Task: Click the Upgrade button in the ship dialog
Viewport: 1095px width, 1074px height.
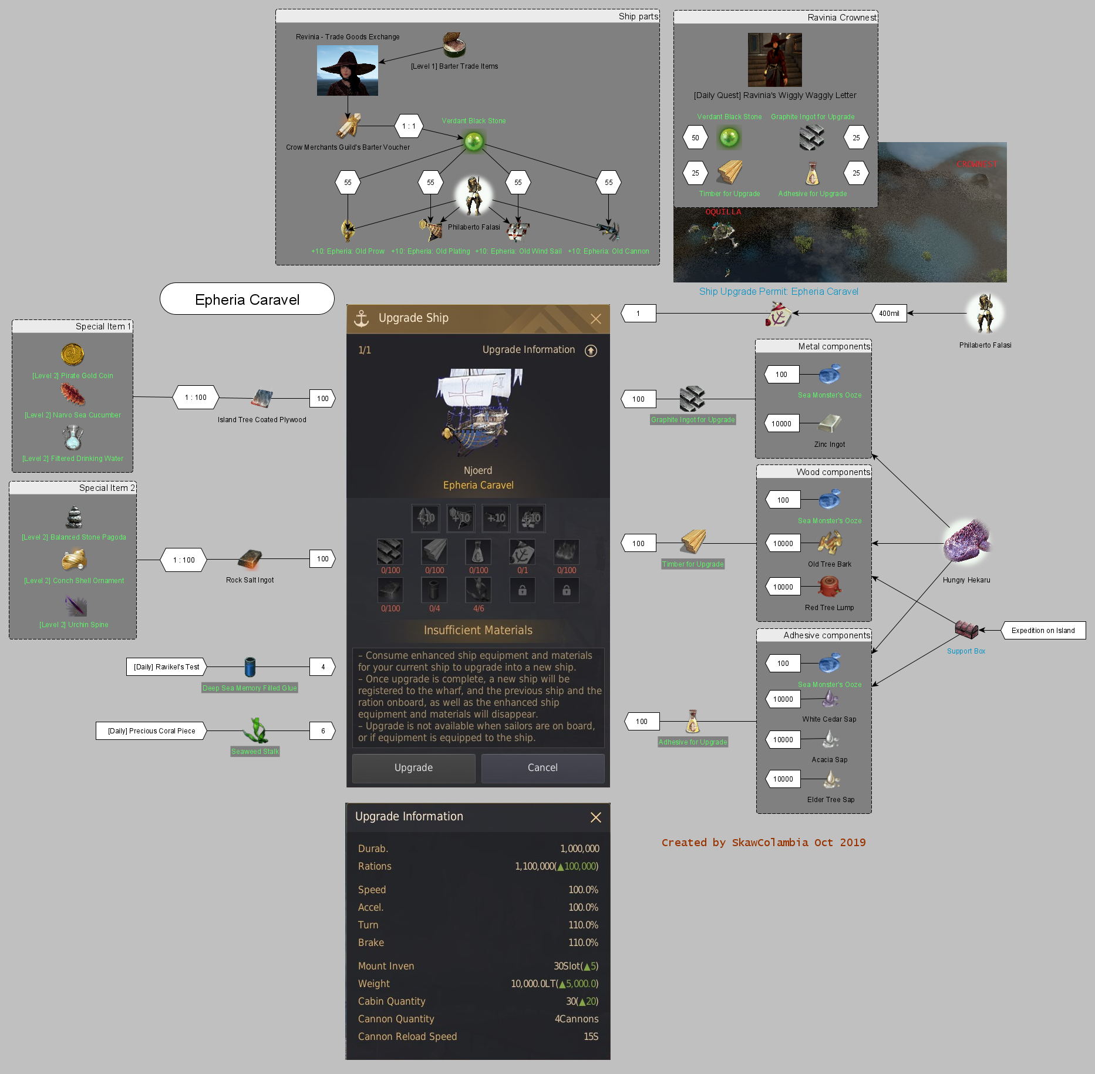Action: coord(413,767)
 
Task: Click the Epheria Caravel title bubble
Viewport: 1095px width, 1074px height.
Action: coord(247,299)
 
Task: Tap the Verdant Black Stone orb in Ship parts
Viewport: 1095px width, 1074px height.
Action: coord(474,141)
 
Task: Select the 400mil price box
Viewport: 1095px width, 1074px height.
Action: coord(889,313)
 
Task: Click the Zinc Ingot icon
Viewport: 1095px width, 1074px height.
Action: coord(830,423)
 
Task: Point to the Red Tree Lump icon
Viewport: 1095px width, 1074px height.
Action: coord(829,586)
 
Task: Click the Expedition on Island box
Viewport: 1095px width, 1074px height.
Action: coord(1043,630)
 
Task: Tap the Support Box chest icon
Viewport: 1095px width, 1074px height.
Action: coord(966,629)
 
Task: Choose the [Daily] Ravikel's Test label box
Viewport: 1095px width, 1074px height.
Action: coord(166,666)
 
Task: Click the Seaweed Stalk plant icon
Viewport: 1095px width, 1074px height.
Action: coord(255,730)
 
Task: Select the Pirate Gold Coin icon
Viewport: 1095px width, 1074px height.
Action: coord(73,355)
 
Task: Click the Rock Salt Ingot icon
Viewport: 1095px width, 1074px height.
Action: coord(250,559)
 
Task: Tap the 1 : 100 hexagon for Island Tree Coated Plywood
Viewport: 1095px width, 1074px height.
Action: coord(196,398)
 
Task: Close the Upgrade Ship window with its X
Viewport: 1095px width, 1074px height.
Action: coord(595,318)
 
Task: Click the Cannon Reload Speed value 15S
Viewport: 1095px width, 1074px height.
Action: coord(591,1036)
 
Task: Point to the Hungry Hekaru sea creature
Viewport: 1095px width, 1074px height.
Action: coord(966,541)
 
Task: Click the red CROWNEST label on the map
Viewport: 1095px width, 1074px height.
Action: coord(976,164)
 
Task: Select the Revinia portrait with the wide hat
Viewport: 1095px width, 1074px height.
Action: coord(348,70)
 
